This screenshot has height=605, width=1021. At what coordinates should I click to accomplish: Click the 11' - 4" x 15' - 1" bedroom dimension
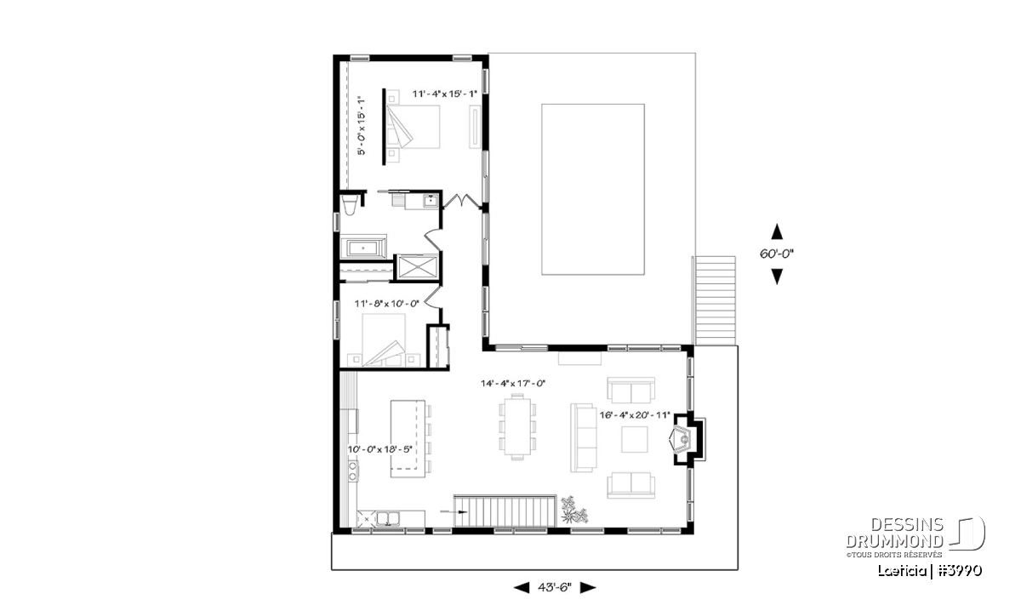(x=444, y=94)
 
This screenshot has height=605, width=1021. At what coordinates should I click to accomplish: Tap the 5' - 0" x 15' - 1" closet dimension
(x=362, y=125)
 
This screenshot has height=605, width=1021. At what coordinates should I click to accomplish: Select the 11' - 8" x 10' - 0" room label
(x=386, y=303)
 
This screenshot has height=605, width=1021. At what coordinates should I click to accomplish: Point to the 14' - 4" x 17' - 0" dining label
(x=513, y=384)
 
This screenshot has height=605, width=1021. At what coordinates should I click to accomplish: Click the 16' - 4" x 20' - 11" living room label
(x=635, y=415)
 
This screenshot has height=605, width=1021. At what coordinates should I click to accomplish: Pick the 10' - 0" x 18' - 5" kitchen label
(x=380, y=449)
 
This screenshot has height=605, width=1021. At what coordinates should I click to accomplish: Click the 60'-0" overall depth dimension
(x=777, y=254)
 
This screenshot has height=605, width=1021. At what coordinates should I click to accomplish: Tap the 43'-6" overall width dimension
(x=555, y=587)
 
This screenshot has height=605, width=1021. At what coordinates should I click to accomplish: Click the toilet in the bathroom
(x=350, y=206)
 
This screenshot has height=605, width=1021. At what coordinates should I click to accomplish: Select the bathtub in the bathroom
(x=363, y=248)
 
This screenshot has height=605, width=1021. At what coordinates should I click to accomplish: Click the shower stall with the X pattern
(x=417, y=266)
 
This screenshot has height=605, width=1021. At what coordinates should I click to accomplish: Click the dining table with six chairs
(x=517, y=426)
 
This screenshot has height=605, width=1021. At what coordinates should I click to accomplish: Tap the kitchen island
(x=408, y=438)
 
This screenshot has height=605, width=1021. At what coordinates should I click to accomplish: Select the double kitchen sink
(x=387, y=519)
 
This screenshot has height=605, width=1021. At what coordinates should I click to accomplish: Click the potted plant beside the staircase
(x=573, y=510)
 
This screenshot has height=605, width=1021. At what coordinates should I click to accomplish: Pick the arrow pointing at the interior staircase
(x=454, y=512)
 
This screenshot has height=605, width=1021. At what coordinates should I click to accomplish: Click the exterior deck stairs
(x=715, y=300)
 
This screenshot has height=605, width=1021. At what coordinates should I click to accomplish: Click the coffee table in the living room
(x=634, y=440)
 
